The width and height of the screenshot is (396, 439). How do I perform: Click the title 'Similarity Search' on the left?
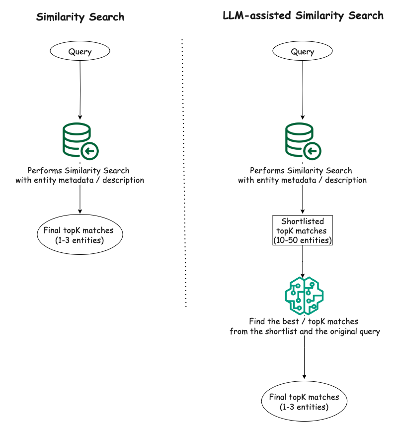pos(80,17)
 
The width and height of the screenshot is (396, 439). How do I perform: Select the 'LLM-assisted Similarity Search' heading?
pos(303,15)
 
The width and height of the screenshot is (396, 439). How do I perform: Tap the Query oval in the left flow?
pos(80,51)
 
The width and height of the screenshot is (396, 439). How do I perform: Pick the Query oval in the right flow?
pos(303,51)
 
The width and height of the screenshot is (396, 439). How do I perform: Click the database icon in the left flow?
pos(80,141)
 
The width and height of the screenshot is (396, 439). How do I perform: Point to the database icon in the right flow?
pos(303,141)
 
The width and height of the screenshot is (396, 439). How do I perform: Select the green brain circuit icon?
pos(304,296)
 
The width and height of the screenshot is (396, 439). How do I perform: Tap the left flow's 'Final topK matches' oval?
pos(80,234)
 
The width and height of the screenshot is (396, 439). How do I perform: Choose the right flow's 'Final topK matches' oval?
pos(305,401)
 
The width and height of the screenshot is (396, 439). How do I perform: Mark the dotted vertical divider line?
pos(184,173)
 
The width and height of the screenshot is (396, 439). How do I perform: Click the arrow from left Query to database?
pos(80,90)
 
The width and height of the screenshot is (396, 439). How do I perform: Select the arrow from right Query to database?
pos(303,90)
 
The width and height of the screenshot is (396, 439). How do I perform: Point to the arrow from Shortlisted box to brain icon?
pos(303,261)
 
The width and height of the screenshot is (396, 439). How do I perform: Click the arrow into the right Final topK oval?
pos(305,357)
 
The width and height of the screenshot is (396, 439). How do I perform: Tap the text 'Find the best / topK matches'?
pos(304,322)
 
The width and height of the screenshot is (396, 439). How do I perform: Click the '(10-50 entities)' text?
pos(303,240)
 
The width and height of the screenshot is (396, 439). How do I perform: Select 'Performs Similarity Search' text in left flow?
pos(78,171)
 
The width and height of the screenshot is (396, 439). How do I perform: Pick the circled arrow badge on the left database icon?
pos(90,151)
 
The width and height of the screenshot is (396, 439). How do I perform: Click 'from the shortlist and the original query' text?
pos(305,331)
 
